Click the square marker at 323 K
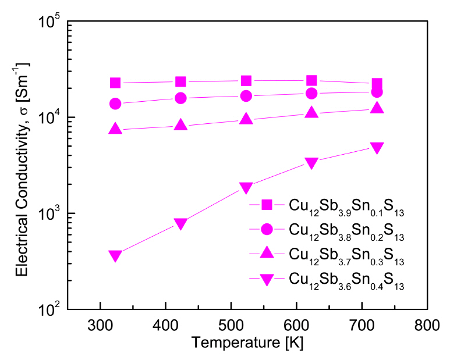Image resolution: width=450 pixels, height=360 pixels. (115, 83)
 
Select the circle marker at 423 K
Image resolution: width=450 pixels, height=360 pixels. (180, 98)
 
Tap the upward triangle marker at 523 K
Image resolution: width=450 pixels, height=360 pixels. (246, 119)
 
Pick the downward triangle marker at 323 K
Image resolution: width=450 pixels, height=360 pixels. (115, 256)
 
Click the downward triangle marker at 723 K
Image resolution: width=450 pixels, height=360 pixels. (377, 148)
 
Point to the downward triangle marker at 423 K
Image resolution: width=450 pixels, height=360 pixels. (180, 224)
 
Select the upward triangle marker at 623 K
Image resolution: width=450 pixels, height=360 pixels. (311, 112)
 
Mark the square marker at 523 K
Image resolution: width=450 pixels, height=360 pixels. (246, 81)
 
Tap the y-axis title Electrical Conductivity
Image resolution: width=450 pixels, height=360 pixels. (22, 165)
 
